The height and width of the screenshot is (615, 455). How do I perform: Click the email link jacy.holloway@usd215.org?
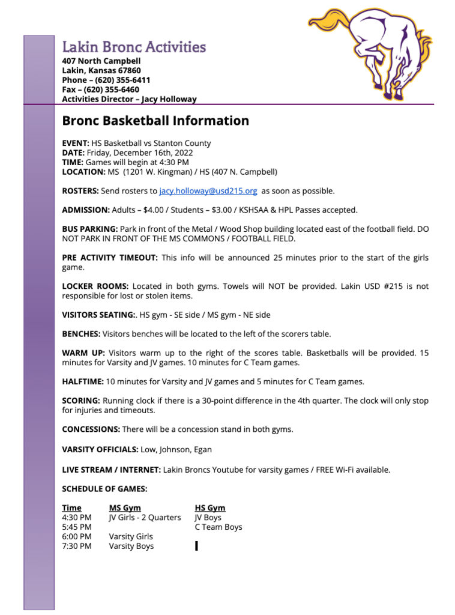tap(208, 191)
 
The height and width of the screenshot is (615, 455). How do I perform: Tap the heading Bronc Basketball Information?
tap(155, 121)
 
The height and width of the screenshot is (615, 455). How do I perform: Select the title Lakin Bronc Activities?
tap(134, 47)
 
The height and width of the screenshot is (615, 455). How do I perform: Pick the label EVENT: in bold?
tap(76, 143)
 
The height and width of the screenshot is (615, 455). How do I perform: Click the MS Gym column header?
tap(125, 507)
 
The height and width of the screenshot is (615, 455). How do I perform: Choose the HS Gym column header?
tap(210, 507)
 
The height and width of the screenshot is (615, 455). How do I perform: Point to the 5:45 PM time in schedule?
tap(77, 527)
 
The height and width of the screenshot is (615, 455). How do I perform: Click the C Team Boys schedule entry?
tap(218, 527)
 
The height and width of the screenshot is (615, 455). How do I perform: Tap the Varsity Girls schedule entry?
tap(131, 536)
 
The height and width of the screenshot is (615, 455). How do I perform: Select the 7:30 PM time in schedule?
tap(77, 546)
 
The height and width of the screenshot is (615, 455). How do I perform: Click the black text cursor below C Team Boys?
tap(196, 546)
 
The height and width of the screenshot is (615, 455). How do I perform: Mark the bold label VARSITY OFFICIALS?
tap(100, 449)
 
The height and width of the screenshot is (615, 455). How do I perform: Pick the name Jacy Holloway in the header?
tap(170, 99)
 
